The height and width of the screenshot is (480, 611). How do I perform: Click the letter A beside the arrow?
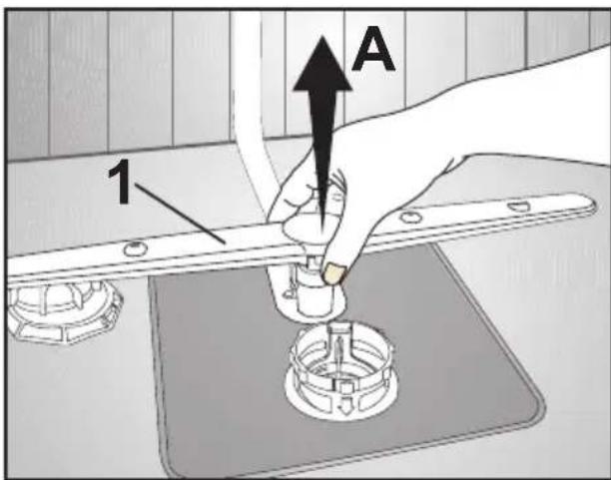click(373, 49)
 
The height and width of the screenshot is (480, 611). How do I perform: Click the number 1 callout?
click(120, 182)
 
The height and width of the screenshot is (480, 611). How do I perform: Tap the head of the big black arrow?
click(322, 64)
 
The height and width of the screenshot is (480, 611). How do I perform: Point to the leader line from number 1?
click(180, 214)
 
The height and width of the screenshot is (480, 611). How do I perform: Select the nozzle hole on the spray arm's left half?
click(133, 247)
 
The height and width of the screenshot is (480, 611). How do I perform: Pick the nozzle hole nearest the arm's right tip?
click(518, 206)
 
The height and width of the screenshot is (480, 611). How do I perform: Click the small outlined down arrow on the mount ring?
click(344, 408)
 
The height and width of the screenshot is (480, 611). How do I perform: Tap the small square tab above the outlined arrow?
click(344, 388)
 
